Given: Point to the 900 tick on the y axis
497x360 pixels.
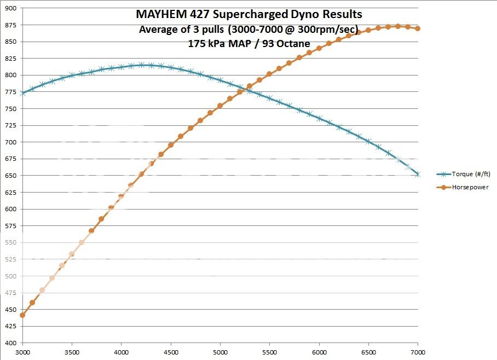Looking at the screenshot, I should [10, 9].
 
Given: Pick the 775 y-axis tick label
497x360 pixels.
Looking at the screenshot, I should [10, 92].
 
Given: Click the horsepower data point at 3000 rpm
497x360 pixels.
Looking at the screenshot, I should [22, 315].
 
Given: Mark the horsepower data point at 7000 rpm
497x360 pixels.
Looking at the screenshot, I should [418, 28].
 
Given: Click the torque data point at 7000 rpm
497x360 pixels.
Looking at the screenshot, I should [418, 174].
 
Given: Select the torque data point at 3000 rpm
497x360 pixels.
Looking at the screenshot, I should [22, 93].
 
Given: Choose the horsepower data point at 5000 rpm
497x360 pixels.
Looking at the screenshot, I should [220, 106].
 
